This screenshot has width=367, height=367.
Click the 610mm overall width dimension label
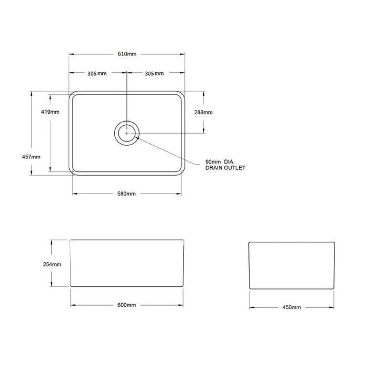(x=127, y=54)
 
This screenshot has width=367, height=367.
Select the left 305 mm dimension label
(x=97, y=73)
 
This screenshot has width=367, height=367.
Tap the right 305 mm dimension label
(x=154, y=73)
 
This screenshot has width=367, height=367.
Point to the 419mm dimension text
(x=50, y=112)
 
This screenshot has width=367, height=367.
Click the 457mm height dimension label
(x=31, y=157)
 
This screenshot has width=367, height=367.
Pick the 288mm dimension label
(x=203, y=112)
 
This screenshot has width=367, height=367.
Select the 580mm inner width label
(x=126, y=194)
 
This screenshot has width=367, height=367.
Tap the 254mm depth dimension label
(x=52, y=264)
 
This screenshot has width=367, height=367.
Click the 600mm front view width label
(x=127, y=305)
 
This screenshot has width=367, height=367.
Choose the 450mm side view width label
(x=292, y=307)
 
